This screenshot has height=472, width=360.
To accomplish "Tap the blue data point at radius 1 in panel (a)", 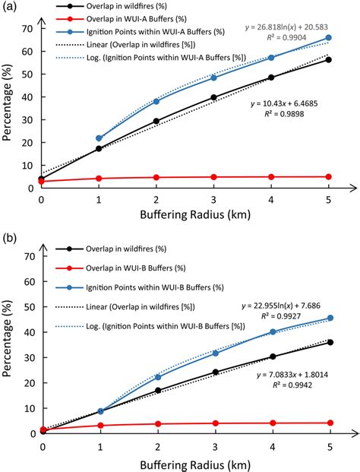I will point(99,138).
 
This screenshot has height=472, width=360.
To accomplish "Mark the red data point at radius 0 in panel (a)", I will point(41,181).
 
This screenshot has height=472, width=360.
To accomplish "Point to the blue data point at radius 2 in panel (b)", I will point(156,377).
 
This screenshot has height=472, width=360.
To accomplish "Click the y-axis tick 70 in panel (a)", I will point(27,28).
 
